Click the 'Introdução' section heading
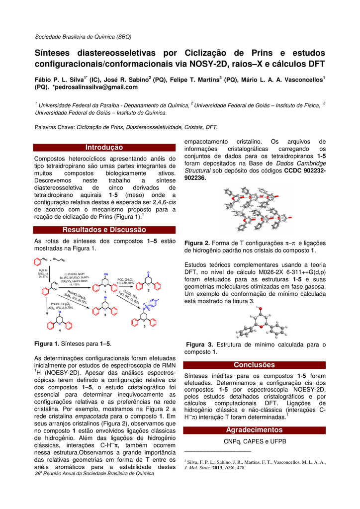pyautogui.click(x=104, y=147)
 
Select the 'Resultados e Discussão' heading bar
pyautogui.click(x=104, y=230)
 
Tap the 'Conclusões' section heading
pyautogui.click(x=254, y=365)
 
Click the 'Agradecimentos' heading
pyautogui.click(x=254, y=429)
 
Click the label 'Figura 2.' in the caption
pyautogui.click(x=197, y=243)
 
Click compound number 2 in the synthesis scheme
pyautogui.click(x=149, y=290)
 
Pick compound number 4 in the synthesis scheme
pyautogui.click(x=60, y=330)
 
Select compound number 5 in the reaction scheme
pyautogui.click(x=145, y=327)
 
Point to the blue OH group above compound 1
pyautogui.click(x=106, y=274)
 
